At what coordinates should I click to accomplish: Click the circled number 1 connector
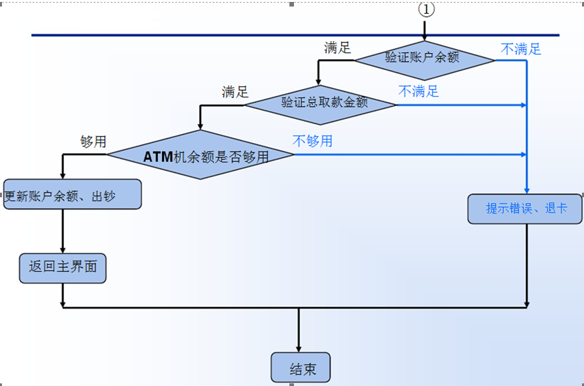[426, 9]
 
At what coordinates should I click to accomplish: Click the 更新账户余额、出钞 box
[73, 195]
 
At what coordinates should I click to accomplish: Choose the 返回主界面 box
[63, 268]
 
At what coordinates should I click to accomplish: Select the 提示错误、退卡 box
[525, 209]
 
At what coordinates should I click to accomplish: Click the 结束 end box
[301, 368]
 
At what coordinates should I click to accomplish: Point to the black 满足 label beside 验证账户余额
[337, 48]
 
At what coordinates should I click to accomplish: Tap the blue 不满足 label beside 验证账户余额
[521, 49]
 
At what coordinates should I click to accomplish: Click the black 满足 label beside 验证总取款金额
[235, 92]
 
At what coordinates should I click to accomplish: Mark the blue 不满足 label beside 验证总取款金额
[419, 91]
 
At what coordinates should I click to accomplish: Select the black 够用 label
[93, 142]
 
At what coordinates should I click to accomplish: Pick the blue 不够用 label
[312, 140]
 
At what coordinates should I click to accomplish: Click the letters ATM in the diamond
[158, 156]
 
